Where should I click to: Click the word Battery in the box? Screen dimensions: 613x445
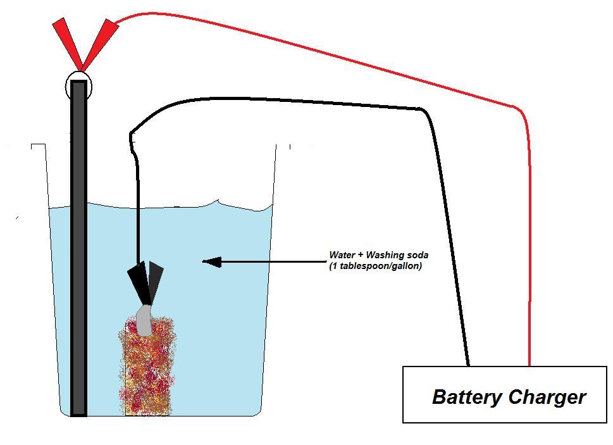click(x=467, y=397)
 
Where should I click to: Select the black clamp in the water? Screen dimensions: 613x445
click(x=146, y=283)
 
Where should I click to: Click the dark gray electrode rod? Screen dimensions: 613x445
click(x=78, y=248)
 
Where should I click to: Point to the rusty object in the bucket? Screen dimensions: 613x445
click(x=146, y=366)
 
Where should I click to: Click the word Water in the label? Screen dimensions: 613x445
click(x=342, y=255)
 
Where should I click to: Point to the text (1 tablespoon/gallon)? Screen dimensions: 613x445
click(x=375, y=266)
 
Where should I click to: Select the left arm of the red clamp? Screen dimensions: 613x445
click(x=67, y=44)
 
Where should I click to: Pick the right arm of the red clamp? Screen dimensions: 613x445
click(x=100, y=44)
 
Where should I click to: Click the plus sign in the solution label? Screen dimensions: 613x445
click(x=361, y=255)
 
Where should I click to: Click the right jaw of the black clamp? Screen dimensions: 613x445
click(x=155, y=282)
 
